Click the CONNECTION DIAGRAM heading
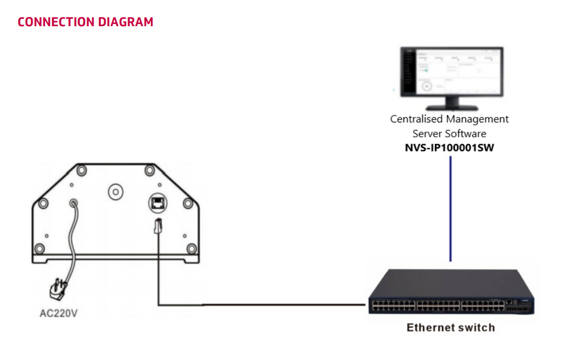[x=85, y=22]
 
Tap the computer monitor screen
[x=450, y=72]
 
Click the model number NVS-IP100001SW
[x=450, y=148]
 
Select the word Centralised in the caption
[x=417, y=119]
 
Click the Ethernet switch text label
[x=450, y=328]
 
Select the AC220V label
[x=58, y=313]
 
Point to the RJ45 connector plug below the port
[x=158, y=227]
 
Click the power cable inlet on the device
[x=73, y=203]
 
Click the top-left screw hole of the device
[x=81, y=170]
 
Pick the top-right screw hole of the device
[x=150, y=170]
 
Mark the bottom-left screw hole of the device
[x=39, y=248]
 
